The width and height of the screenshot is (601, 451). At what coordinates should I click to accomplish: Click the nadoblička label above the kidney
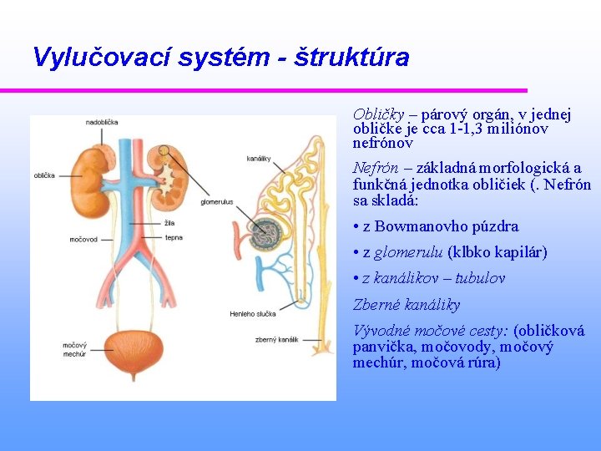[102, 123]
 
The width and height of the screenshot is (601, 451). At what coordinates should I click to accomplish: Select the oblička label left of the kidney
[44, 175]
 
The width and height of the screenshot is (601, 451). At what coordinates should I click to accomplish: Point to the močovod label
[83, 240]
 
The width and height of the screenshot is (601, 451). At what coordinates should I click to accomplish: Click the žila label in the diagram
[169, 223]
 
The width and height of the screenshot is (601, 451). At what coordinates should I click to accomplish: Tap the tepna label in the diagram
[174, 237]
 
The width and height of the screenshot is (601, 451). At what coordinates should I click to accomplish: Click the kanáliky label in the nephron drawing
[259, 158]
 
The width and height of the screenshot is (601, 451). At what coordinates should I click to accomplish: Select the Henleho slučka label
[252, 314]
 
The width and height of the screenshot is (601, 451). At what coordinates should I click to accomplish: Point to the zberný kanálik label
[276, 340]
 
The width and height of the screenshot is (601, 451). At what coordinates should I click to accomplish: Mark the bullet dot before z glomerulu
[356, 252]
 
